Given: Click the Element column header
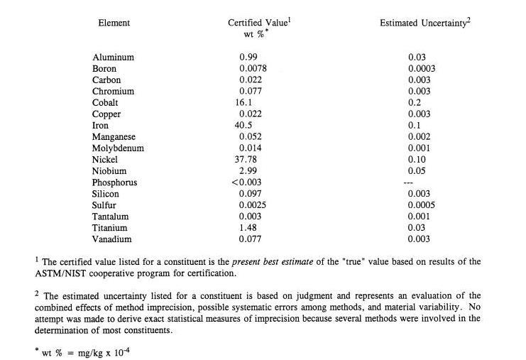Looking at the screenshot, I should tap(114, 23).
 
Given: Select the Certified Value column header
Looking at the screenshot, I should tap(258, 23).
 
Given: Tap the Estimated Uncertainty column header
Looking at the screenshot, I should tap(424, 23).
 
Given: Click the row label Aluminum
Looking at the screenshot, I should tap(113, 57).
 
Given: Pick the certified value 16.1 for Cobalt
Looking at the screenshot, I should tap(244, 103).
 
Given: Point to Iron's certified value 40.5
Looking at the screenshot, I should tap(244, 126).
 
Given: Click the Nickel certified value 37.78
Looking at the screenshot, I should tap(246, 160).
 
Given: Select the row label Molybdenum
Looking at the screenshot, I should tap(118, 148).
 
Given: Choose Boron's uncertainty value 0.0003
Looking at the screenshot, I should tap(422, 68).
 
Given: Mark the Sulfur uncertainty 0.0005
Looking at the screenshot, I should tap(422, 205).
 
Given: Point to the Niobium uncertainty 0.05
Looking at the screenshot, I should tap(417, 171).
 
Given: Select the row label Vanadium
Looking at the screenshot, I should tap(113, 239).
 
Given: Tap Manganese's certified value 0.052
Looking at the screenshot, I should tap(251, 137).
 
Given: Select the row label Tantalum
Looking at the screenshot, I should tap(111, 217).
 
